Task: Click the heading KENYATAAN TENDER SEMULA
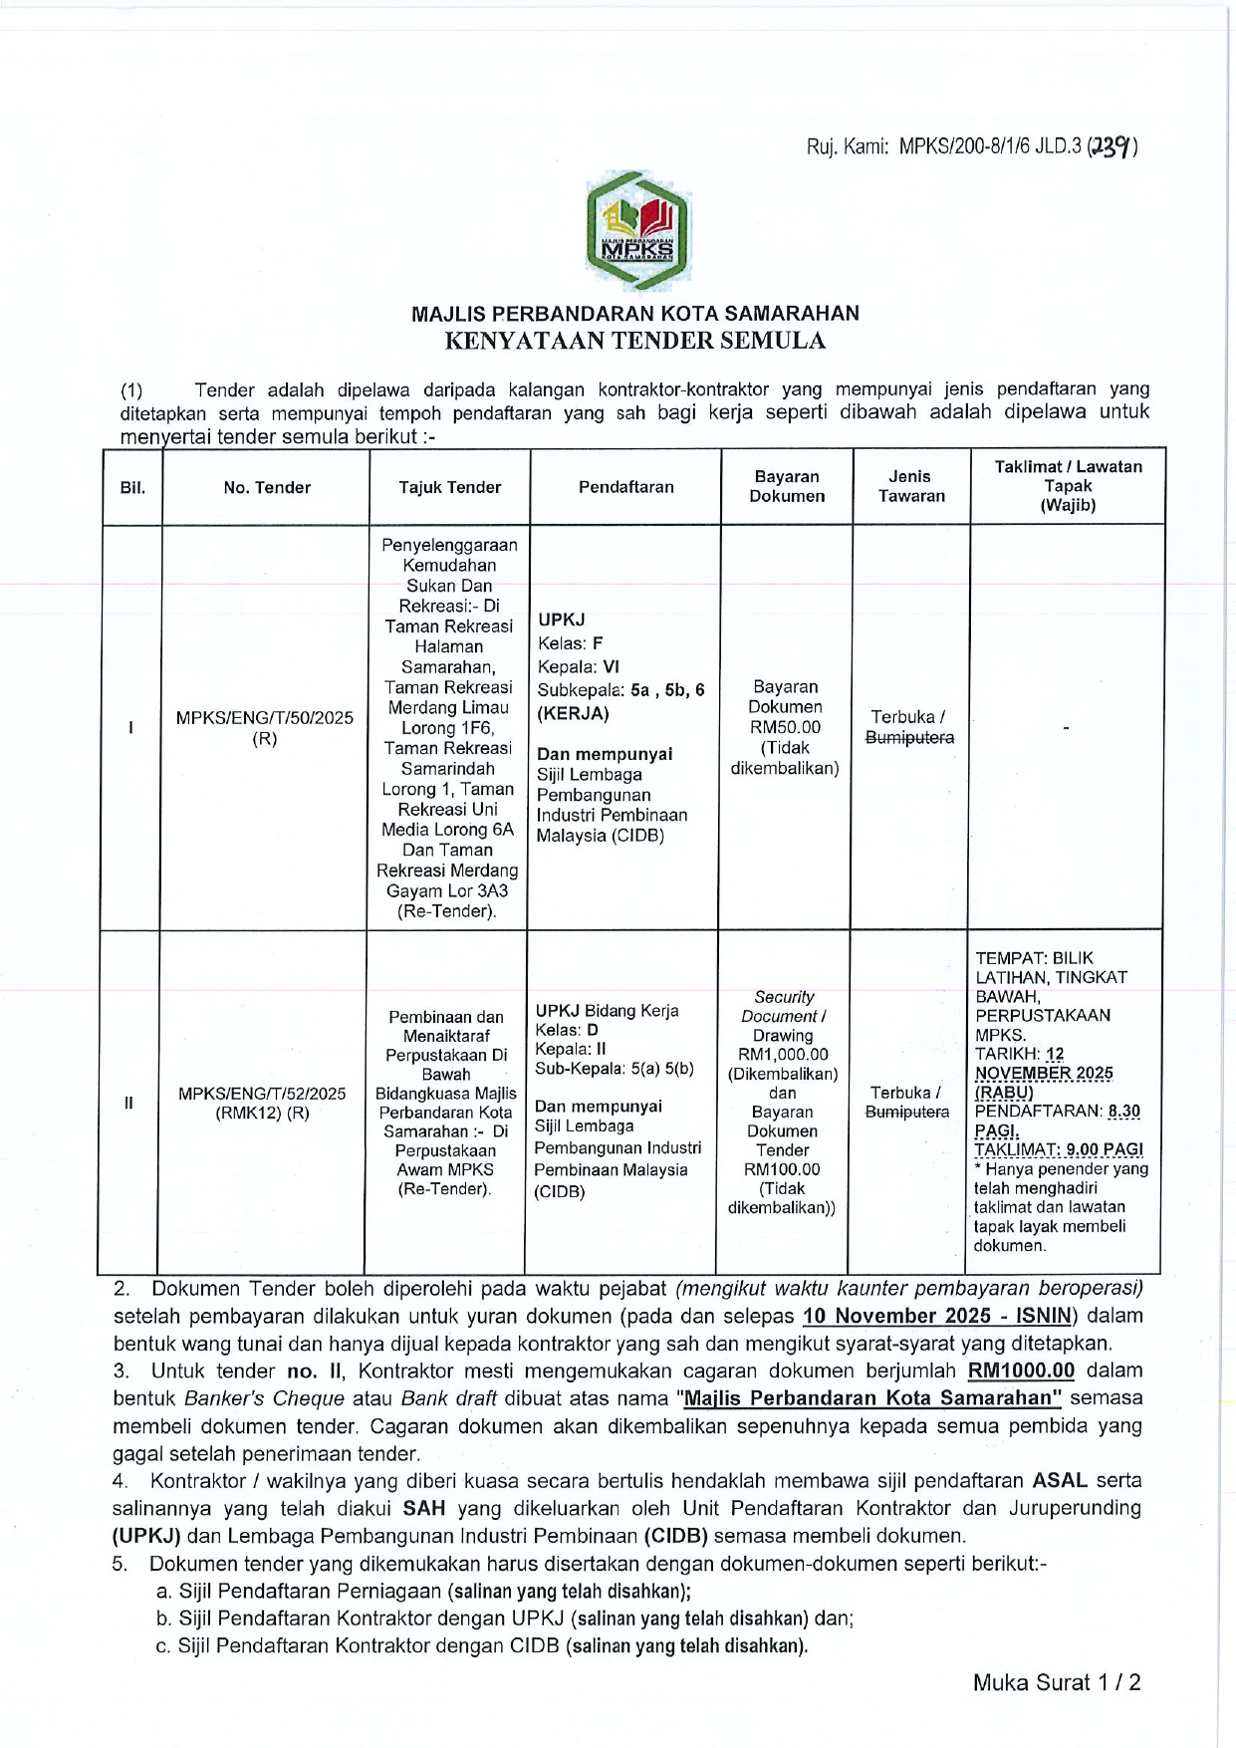tap(634, 341)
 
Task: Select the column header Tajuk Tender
tap(449, 487)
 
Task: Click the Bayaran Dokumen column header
tap(787, 487)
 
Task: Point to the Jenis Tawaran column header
tap(910, 487)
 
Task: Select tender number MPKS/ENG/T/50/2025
tap(264, 718)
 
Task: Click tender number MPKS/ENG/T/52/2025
tap(262, 1093)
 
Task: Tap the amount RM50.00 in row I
tap(786, 727)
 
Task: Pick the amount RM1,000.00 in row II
tap(783, 1055)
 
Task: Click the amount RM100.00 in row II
tap(782, 1169)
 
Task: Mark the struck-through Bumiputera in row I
tap(909, 738)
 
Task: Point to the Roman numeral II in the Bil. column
tap(128, 1102)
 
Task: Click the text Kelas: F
tap(570, 643)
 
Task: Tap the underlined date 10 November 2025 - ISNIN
tap(937, 1316)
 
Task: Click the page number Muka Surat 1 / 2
tap(1057, 1682)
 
